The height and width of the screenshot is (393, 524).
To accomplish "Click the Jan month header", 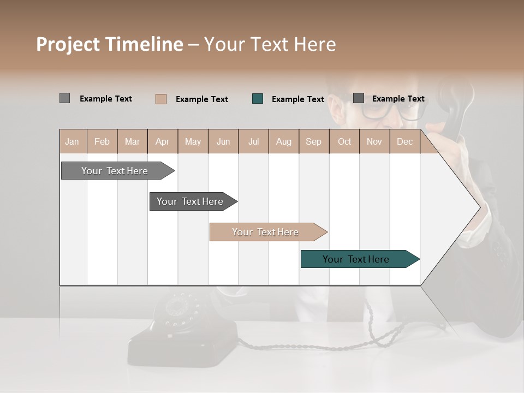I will (x=73, y=142).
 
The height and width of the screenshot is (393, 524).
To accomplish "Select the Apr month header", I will (x=163, y=142).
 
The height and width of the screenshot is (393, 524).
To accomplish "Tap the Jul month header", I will (x=253, y=142).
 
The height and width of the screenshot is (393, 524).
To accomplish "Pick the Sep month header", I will (x=313, y=142).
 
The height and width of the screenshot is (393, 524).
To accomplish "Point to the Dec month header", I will (x=404, y=142).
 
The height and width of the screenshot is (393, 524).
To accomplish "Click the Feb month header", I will (x=102, y=142).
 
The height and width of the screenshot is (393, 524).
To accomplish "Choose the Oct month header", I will (x=344, y=142).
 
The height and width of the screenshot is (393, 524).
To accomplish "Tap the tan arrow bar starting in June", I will (x=266, y=232).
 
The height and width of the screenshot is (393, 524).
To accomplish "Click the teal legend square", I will (x=258, y=99).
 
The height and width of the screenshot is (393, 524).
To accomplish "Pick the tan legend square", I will (x=161, y=99).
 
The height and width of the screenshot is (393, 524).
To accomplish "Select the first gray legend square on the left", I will (x=64, y=98).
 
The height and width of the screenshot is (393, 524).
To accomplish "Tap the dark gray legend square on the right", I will (x=359, y=98).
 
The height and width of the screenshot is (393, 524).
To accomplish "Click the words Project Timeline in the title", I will (x=110, y=44).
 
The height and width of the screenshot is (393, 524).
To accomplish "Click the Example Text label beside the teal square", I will (x=298, y=99).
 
